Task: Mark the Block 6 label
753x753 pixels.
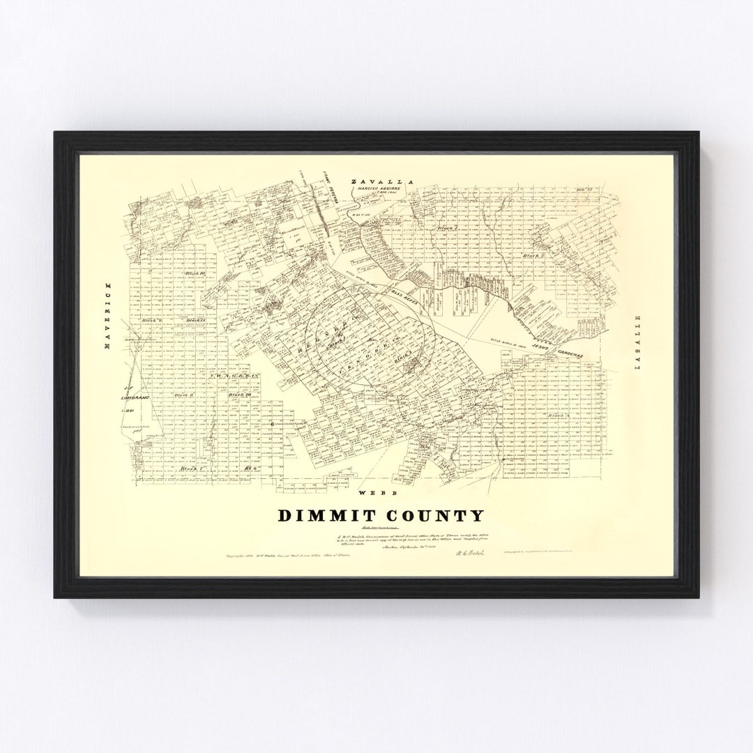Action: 183,395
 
